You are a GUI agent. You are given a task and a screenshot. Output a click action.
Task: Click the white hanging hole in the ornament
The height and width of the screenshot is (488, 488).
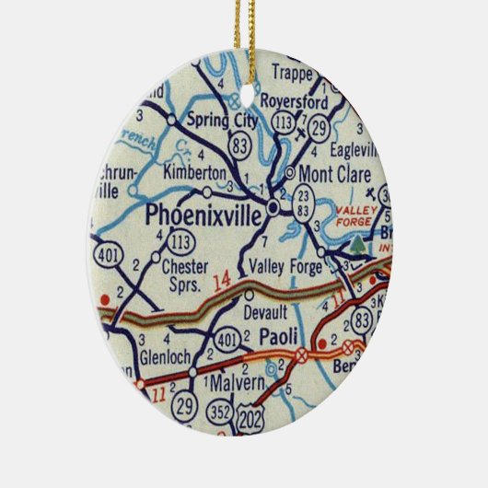[x=244, y=99]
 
